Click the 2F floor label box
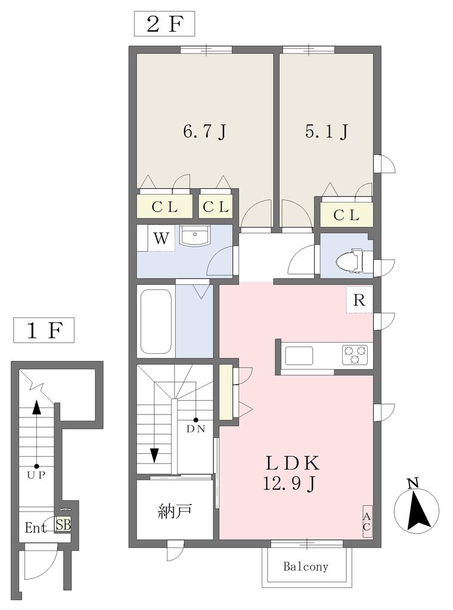165,24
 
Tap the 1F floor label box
44,331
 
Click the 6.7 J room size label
204,132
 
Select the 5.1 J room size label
327,132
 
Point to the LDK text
292,463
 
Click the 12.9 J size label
288,484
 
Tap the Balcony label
306,567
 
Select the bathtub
156,320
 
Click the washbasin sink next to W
194,235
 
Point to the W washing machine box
161,238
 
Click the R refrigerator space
359,300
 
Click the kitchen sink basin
299,356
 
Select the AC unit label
367,521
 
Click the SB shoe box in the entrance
63,524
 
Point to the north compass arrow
418,511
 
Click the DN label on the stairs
196,429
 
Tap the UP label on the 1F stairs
36,475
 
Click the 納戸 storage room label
175,511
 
